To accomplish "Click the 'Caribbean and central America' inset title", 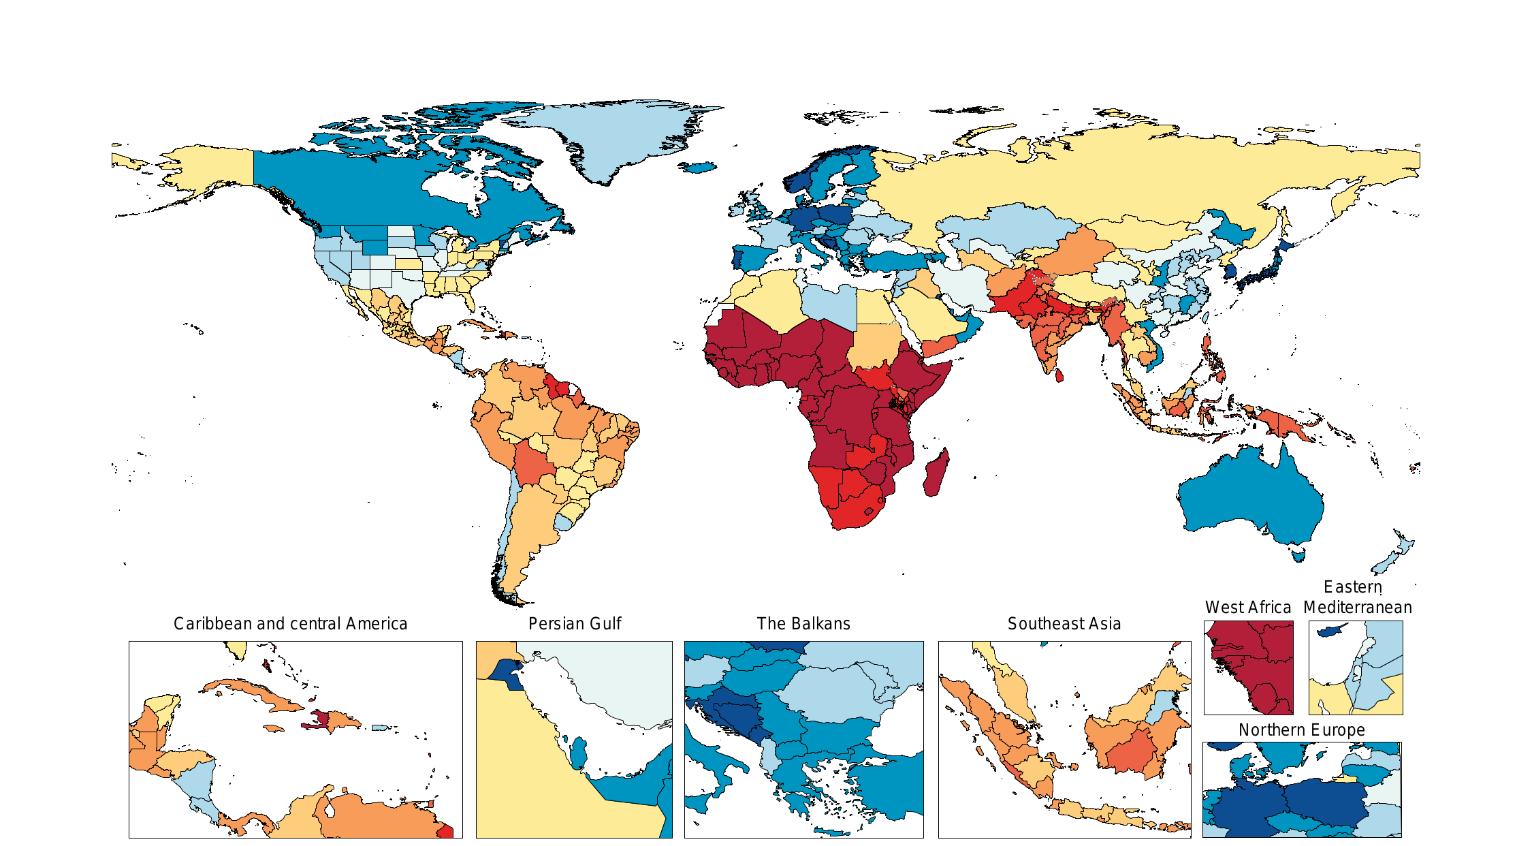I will pyautogui.click(x=290, y=624).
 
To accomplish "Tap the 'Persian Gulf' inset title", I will pyautogui.click(x=575, y=624).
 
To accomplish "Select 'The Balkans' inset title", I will pyautogui.click(x=803, y=624).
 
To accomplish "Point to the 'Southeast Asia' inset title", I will pyautogui.click(x=1064, y=624).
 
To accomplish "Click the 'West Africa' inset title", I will pyautogui.click(x=1247, y=608).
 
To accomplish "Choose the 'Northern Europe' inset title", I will pyautogui.click(x=1301, y=730).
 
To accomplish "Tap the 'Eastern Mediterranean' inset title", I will pyautogui.click(x=1357, y=597).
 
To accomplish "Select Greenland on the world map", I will pyautogui.click(x=613, y=136).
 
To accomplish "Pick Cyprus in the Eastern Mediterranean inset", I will pyautogui.click(x=1330, y=631).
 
